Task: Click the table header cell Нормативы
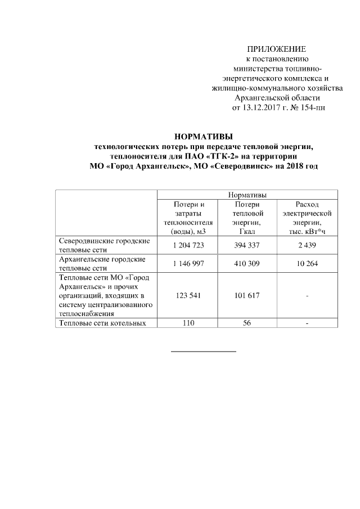click(x=247, y=195)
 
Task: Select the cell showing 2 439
click(x=307, y=246)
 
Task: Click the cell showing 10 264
click(x=307, y=264)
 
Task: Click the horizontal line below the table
click(x=204, y=352)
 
